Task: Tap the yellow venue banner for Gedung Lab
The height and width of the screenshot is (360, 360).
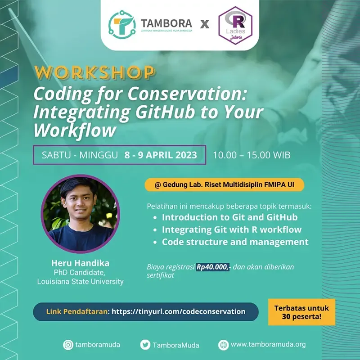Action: click(224, 184)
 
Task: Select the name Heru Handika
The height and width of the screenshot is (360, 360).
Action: click(81, 263)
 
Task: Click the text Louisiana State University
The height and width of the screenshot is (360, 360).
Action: click(81, 282)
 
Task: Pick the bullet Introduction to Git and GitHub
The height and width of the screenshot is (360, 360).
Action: click(229, 217)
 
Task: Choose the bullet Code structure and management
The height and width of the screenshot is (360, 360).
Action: click(235, 242)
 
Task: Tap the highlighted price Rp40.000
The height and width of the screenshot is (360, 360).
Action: click(211, 267)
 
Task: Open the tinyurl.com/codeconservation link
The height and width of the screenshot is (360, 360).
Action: click(178, 311)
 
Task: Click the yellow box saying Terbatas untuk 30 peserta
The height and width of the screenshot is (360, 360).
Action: click(301, 312)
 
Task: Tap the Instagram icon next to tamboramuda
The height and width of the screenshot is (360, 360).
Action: click(68, 345)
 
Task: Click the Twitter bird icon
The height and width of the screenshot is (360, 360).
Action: click(145, 345)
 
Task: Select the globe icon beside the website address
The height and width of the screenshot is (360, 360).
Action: click(224, 345)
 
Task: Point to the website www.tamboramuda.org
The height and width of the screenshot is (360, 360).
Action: click(268, 345)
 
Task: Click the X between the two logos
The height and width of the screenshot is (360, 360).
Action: click(205, 24)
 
